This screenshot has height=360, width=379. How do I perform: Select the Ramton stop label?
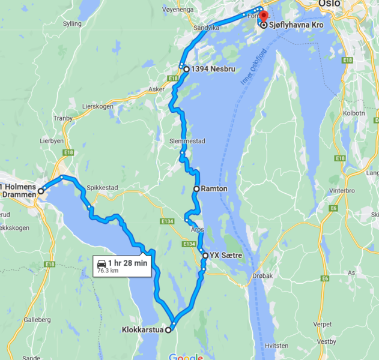(x=214, y=188)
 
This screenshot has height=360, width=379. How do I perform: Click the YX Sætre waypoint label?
(x=226, y=256)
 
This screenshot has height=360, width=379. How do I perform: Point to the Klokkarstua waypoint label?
(x=142, y=329)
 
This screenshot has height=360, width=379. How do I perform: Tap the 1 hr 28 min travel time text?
(x=127, y=263)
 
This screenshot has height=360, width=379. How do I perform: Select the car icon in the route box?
(x=102, y=263)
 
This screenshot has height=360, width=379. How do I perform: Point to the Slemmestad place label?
(x=187, y=141)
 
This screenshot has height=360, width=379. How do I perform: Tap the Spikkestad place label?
(x=102, y=187)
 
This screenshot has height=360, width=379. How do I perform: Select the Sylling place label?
(x=72, y=23)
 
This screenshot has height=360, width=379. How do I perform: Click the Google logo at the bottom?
(x=185, y=357)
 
